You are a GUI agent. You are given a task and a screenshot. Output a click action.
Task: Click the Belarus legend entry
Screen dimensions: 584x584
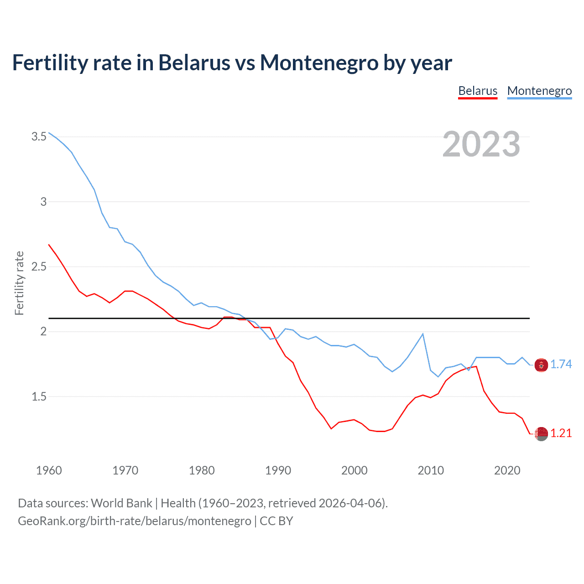478,91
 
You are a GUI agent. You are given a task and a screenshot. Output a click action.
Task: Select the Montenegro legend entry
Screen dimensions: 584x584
539,91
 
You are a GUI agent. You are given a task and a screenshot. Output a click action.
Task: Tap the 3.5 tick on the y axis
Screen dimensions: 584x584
39,136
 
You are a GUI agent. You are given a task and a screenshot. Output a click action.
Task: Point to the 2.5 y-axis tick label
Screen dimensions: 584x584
39,266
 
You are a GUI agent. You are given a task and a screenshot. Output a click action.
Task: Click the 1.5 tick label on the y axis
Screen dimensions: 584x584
39,396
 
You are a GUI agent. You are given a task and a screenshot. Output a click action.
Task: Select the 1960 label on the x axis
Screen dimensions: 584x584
49,470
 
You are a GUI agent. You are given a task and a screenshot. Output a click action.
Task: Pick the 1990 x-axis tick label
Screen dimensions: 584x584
278,470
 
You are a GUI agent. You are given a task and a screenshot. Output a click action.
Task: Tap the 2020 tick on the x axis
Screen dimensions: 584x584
507,470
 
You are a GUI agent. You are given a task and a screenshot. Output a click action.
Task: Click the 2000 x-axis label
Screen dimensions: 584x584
354,470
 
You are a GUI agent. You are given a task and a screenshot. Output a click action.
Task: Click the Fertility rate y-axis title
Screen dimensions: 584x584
19,283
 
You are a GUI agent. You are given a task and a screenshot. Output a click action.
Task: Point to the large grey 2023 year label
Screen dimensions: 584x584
481,144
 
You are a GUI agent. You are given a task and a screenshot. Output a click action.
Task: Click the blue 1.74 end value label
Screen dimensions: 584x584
561,364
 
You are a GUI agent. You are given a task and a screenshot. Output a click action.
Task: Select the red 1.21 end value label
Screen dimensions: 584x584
561,433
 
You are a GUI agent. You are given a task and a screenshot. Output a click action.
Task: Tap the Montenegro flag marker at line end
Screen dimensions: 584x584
541,365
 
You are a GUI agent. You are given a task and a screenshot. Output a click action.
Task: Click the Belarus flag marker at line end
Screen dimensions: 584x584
541,434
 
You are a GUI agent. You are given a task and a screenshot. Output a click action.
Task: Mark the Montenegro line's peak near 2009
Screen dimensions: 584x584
423,334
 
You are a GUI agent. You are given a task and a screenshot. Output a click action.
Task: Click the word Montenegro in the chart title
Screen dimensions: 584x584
319,63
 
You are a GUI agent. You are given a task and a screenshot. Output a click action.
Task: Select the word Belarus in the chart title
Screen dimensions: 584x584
194,63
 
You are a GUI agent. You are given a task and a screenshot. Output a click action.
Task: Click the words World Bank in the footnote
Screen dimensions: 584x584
121,503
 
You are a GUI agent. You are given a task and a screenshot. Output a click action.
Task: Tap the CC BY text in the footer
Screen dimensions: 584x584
276,521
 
